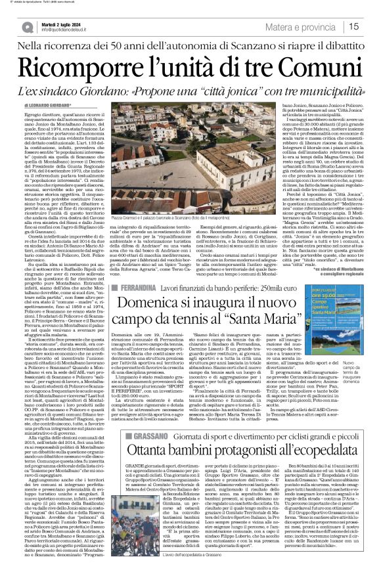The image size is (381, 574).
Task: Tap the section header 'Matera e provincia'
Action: click(x=306, y=26)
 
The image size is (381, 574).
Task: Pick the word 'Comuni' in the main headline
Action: click(x=315, y=65)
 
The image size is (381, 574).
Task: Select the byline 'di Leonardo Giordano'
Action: click(x=49, y=105)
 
